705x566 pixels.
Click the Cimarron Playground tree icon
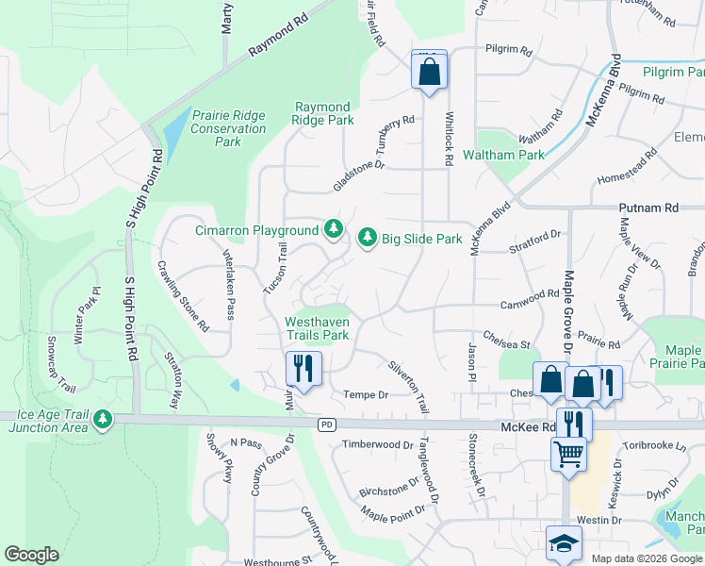tap(333, 228)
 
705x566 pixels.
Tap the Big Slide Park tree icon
tap(367, 238)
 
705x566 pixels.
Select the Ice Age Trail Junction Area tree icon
tap(101, 418)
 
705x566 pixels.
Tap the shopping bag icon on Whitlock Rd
tap(429, 70)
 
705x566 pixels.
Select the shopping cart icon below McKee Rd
tap(568, 453)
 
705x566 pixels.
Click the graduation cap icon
tap(564, 543)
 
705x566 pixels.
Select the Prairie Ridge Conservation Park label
tap(228, 128)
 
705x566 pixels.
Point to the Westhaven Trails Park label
tap(317, 328)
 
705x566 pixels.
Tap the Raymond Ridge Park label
tap(323, 114)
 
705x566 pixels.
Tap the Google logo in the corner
tap(31, 555)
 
